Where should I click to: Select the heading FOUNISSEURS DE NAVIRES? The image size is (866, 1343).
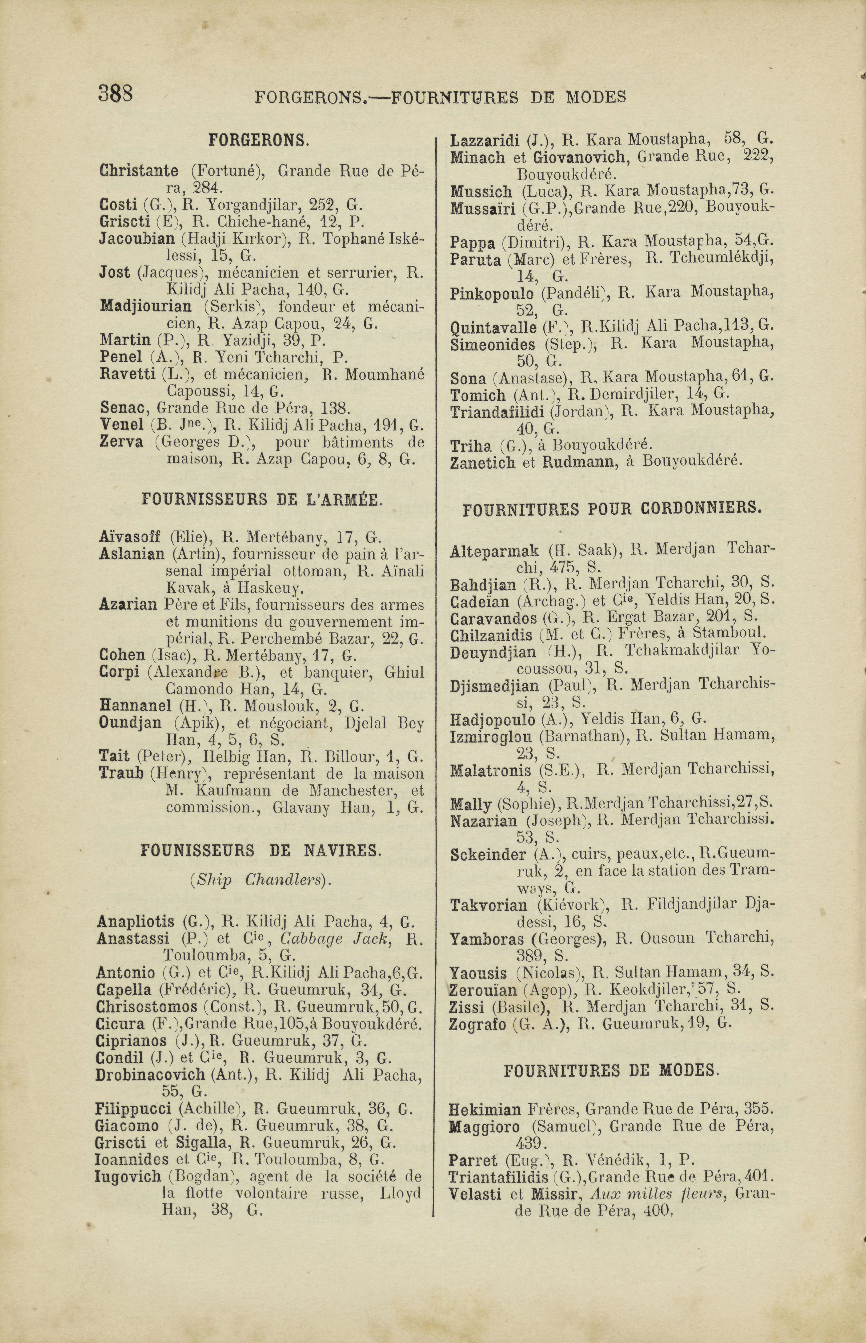(x=261, y=851)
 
